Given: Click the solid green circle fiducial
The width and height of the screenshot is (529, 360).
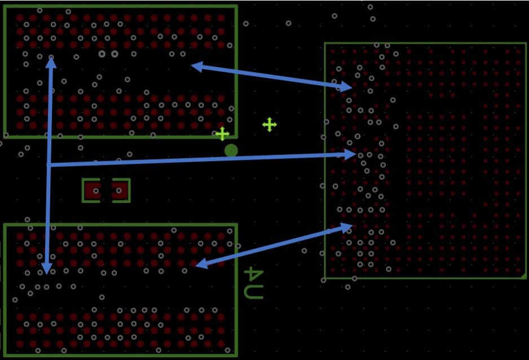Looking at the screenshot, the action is [x=231, y=151].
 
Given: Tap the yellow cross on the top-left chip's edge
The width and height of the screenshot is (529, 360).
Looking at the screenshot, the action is [x=222, y=134].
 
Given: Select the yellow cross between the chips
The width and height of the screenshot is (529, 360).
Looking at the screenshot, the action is [x=270, y=125].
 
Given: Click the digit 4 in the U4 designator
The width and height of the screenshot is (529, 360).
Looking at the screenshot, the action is [x=253, y=274].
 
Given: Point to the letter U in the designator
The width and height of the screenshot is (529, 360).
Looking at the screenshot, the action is [x=253, y=292].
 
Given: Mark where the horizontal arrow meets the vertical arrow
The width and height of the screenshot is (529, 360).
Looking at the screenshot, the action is [x=49, y=165].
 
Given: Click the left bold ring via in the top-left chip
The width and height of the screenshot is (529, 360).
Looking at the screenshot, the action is [x=102, y=54].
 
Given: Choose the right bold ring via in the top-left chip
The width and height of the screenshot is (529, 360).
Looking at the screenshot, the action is [x=114, y=54].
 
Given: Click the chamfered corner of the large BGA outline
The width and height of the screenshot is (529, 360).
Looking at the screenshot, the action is [x=523, y=276].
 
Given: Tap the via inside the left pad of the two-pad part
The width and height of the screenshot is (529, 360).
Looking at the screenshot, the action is [x=96, y=191].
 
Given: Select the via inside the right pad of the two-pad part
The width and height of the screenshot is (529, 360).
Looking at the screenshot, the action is [x=119, y=191].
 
